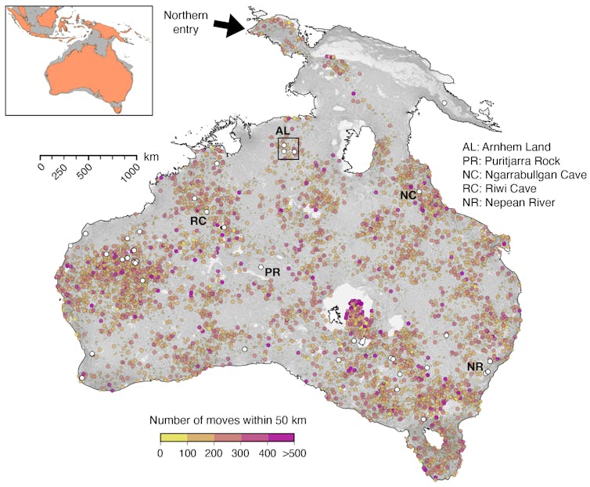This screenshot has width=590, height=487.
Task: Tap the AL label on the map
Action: (x=282, y=131)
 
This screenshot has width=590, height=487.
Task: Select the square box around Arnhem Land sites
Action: (x=289, y=148)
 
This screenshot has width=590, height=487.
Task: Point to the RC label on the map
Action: (x=197, y=221)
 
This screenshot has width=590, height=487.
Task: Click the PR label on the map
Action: (x=272, y=272)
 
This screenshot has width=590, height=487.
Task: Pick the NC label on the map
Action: (x=407, y=195)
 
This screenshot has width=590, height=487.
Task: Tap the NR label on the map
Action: (x=474, y=366)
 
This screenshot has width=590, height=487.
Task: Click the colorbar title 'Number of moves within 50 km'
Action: (x=227, y=420)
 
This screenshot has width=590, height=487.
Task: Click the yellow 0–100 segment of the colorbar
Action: (x=173, y=437)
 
